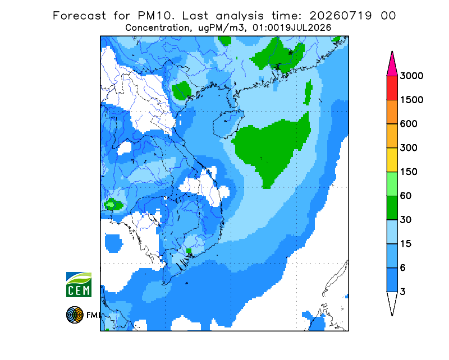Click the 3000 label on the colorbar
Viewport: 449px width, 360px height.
(x=411, y=76)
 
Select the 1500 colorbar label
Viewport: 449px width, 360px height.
(x=411, y=100)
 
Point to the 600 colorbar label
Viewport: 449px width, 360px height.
(x=409, y=124)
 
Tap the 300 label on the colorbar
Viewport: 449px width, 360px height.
(x=409, y=148)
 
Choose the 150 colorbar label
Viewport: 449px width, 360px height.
(x=409, y=172)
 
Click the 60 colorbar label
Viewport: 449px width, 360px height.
(x=406, y=196)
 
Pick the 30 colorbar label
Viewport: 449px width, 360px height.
(x=406, y=220)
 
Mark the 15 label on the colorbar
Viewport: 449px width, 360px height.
(x=406, y=244)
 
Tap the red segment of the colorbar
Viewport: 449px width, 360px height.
(x=392, y=88)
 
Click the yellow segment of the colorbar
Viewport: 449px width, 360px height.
(x=392, y=160)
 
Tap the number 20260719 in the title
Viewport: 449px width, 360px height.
(x=341, y=16)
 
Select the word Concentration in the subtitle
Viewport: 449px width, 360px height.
(x=158, y=28)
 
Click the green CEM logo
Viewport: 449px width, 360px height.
(x=79, y=284)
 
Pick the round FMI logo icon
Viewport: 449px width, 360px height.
(x=75, y=315)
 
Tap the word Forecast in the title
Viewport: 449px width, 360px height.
(x=79, y=16)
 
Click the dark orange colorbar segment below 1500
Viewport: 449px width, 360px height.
(x=392, y=112)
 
